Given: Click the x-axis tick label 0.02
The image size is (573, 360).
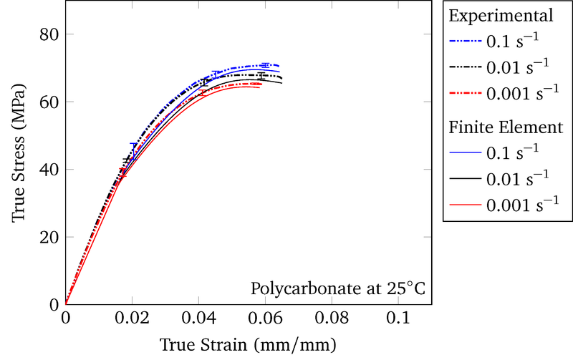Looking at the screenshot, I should point(132,318).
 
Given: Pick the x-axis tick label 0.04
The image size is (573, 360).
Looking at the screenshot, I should point(198,318).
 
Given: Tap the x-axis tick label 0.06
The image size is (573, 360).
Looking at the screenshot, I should point(265,318).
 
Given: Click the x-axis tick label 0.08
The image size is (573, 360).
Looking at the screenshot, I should point(332,318).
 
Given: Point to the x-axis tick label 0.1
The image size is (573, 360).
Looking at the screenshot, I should point(398,318).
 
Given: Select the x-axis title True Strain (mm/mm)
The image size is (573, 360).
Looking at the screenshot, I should point(248,344).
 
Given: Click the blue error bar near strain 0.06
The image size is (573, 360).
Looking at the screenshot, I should point(266,65).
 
